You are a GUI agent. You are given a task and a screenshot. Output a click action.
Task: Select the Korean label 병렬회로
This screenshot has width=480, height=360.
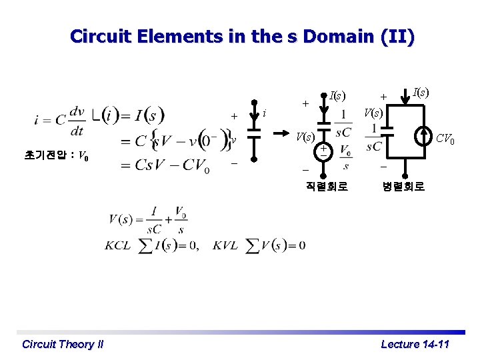coord(403,187)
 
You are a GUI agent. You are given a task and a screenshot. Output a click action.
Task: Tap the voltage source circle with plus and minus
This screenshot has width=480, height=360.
coord(323,151)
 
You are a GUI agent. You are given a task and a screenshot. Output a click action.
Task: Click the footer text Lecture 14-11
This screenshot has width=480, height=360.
coord(415,344)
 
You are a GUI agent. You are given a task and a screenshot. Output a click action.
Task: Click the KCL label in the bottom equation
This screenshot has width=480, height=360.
coord(117,245)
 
